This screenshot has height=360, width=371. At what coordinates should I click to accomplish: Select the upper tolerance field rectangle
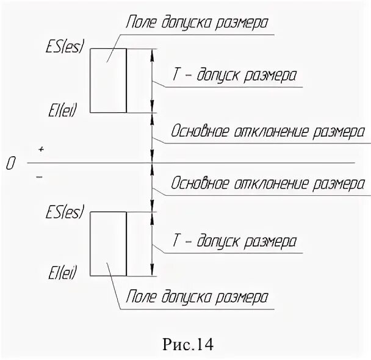pos(108,81)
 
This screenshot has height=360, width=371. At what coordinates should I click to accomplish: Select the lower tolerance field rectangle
pos(108,244)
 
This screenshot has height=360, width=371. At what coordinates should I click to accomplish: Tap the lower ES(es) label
pos(64,214)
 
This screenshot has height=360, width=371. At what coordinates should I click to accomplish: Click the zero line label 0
pos(10,164)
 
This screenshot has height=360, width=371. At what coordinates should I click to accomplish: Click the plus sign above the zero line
pos(41,149)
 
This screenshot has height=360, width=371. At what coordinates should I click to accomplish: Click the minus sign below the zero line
pos(40,177)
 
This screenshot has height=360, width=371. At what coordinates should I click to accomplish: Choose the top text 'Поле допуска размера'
pos(197,23)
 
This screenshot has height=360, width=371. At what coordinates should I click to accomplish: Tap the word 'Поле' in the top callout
pos(138,23)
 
